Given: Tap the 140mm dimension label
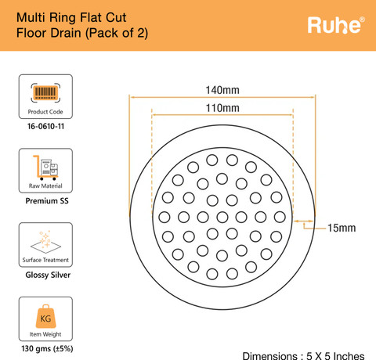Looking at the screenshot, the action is click(x=222, y=90).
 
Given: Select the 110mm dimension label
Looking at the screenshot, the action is click(x=222, y=108).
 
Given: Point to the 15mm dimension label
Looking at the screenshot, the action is click(x=342, y=228).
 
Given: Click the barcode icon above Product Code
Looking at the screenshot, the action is click(x=45, y=92).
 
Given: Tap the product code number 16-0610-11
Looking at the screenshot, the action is click(x=45, y=127).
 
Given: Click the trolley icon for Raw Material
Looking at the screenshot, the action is click(x=45, y=167).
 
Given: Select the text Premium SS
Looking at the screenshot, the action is click(x=47, y=201).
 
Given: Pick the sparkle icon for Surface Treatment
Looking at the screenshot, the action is click(x=45, y=242).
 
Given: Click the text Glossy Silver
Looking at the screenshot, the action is click(x=48, y=275).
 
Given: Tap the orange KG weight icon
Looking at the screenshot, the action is click(x=45, y=316).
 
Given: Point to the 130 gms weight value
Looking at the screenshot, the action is click(x=47, y=349).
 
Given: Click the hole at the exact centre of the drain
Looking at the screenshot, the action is click(x=222, y=217).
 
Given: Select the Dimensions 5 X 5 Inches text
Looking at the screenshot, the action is click(x=303, y=356).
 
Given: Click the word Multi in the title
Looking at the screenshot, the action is click(x=31, y=18).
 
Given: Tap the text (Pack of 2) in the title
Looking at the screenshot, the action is click(x=117, y=33).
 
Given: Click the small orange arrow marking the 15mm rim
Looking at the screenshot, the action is click(x=304, y=221).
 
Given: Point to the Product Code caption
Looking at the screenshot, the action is click(x=45, y=112).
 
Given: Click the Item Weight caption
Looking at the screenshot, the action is click(x=45, y=334).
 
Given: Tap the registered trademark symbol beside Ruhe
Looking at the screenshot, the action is click(x=362, y=20).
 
